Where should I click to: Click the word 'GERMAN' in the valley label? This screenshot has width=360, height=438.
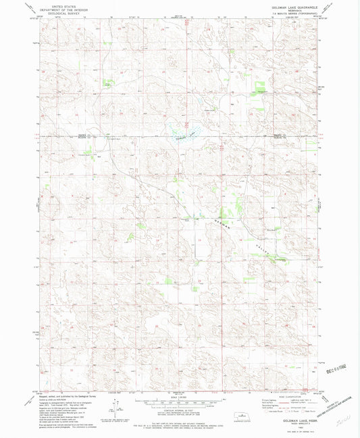coord(224,223)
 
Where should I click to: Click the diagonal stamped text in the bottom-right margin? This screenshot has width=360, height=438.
coord(338,403)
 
